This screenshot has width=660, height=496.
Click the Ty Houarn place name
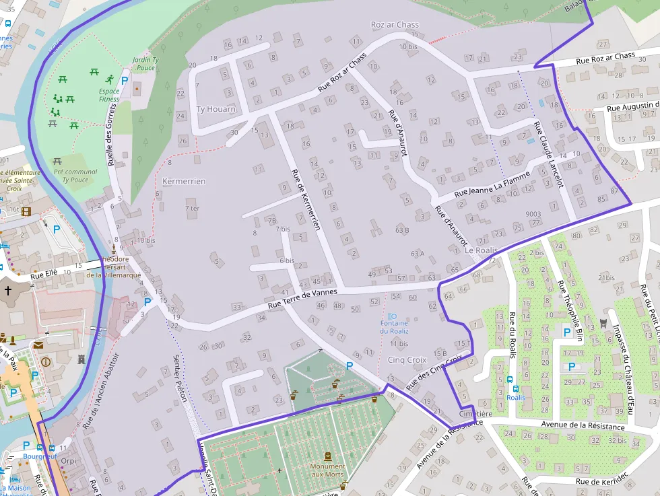click(216, 109)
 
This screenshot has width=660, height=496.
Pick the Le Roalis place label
click(481, 250)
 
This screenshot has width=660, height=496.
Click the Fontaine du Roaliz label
click(394, 327)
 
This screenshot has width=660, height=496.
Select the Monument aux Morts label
click(327, 470)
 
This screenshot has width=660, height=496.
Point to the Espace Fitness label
click(109, 95)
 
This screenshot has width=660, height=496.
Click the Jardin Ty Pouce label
click(145, 64)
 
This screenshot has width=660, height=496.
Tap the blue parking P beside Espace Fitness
click(124, 79)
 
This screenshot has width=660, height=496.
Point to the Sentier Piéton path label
click(180, 378)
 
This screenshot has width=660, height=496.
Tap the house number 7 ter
click(193, 209)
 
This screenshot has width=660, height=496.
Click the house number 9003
click(533, 214)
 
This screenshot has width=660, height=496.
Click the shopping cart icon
click(602, 323)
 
